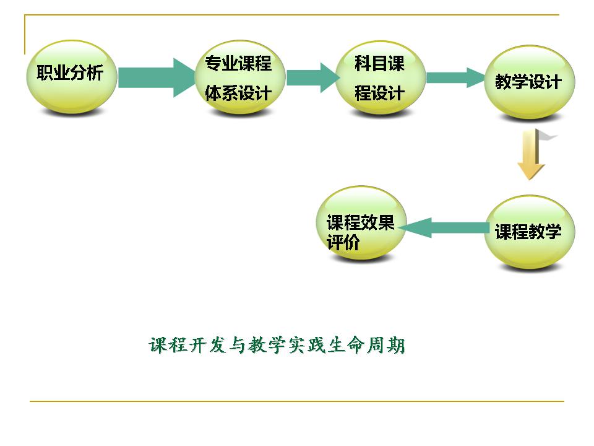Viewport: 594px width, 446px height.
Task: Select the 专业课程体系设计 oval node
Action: (x=239, y=78)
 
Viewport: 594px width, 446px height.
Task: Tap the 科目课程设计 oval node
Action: (x=380, y=78)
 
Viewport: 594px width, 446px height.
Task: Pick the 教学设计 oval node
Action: (x=528, y=82)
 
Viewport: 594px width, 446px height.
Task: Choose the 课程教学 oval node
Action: (x=528, y=232)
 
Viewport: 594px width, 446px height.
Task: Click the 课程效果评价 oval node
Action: (x=360, y=223)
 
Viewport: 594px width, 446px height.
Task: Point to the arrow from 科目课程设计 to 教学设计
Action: (x=455, y=77)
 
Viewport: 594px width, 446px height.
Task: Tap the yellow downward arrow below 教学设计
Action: (x=530, y=155)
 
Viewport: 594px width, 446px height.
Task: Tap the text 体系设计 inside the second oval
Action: (x=239, y=94)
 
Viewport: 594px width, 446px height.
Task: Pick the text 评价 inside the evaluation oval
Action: (x=344, y=242)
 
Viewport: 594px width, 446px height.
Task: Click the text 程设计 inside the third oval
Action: (x=379, y=94)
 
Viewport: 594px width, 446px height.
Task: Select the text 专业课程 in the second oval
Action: (x=239, y=63)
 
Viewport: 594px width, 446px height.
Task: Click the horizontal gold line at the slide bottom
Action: (x=297, y=401)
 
